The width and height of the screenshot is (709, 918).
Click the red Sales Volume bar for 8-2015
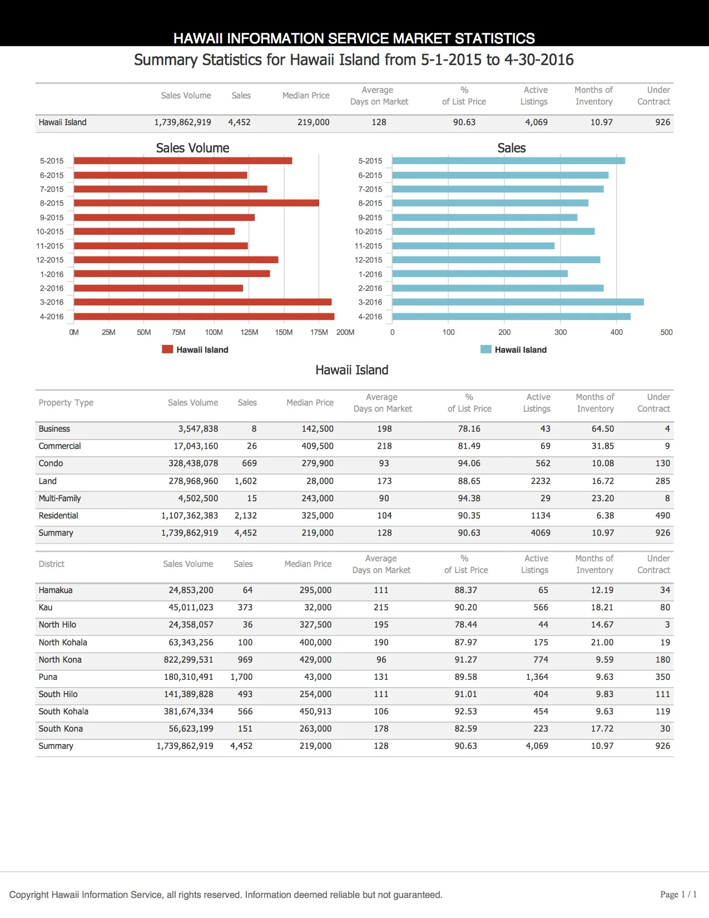pyautogui.click(x=196, y=203)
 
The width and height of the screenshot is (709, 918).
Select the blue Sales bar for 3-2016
pyautogui.click(x=518, y=302)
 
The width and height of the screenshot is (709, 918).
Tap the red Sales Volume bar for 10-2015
pyautogui.click(x=154, y=231)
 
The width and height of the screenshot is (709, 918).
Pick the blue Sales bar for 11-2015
pyautogui.click(x=473, y=246)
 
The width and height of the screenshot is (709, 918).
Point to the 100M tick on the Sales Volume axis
pyautogui.click(x=214, y=332)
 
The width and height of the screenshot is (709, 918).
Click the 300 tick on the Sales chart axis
pyautogui.click(x=561, y=332)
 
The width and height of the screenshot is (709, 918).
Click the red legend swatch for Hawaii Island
pyautogui.click(x=167, y=349)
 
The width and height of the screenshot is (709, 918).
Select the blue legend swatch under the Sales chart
pyautogui.click(x=486, y=349)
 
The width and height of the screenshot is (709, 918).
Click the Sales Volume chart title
pyautogui.click(x=192, y=148)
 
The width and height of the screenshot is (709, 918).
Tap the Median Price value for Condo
pyautogui.click(x=318, y=463)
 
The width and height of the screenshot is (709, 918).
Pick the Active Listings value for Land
pyautogui.click(x=541, y=481)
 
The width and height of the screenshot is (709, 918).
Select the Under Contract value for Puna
pyautogui.click(x=662, y=677)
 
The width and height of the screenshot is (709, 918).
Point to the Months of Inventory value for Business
pyautogui.click(x=603, y=429)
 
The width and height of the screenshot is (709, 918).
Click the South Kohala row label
pyautogui.click(x=63, y=712)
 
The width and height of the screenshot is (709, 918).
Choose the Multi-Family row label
pyautogui.click(x=60, y=499)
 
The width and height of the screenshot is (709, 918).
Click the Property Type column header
pyautogui.click(x=66, y=403)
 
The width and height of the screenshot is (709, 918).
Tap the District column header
pyautogui.click(x=52, y=564)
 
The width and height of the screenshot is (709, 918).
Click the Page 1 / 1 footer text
pyautogui.click(x=678, y=895)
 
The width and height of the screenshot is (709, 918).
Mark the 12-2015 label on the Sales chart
pyautogui.click(x=368, y=260)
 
